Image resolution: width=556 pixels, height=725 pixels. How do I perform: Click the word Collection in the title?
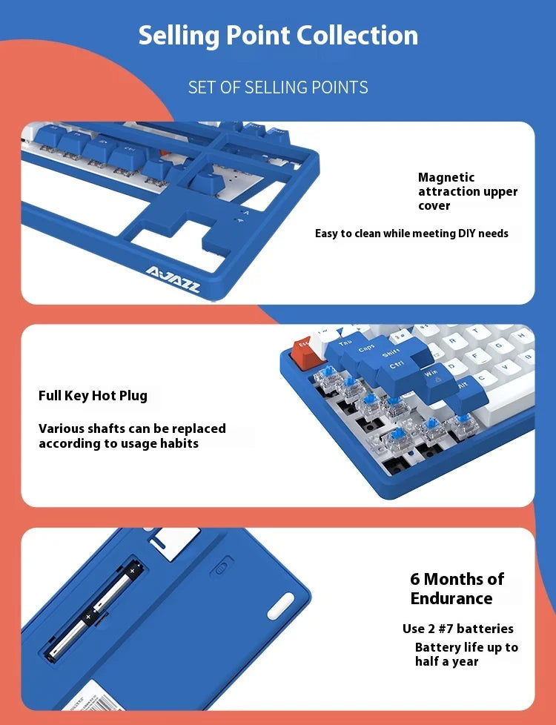(x=357, y=35)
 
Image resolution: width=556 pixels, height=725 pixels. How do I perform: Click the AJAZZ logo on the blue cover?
(x=173, y=279)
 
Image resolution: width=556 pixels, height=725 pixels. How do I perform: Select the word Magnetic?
(x=446, y=178)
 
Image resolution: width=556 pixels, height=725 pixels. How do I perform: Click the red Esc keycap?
(x=303, y=354)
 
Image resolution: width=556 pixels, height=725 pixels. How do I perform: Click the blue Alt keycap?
(x=465, y=393)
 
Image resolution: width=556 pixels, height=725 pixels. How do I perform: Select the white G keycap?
(x=499, y=345)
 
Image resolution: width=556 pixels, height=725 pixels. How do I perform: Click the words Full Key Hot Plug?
(x=93, y=397)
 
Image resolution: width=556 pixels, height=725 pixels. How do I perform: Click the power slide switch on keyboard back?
(x=222, y=568)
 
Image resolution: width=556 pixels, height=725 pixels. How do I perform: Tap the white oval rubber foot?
(x=281, y=606)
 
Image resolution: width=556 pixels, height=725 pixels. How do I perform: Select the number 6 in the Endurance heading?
(x=415, y=580)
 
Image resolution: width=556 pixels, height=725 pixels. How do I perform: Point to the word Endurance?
(x=451, y=599)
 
